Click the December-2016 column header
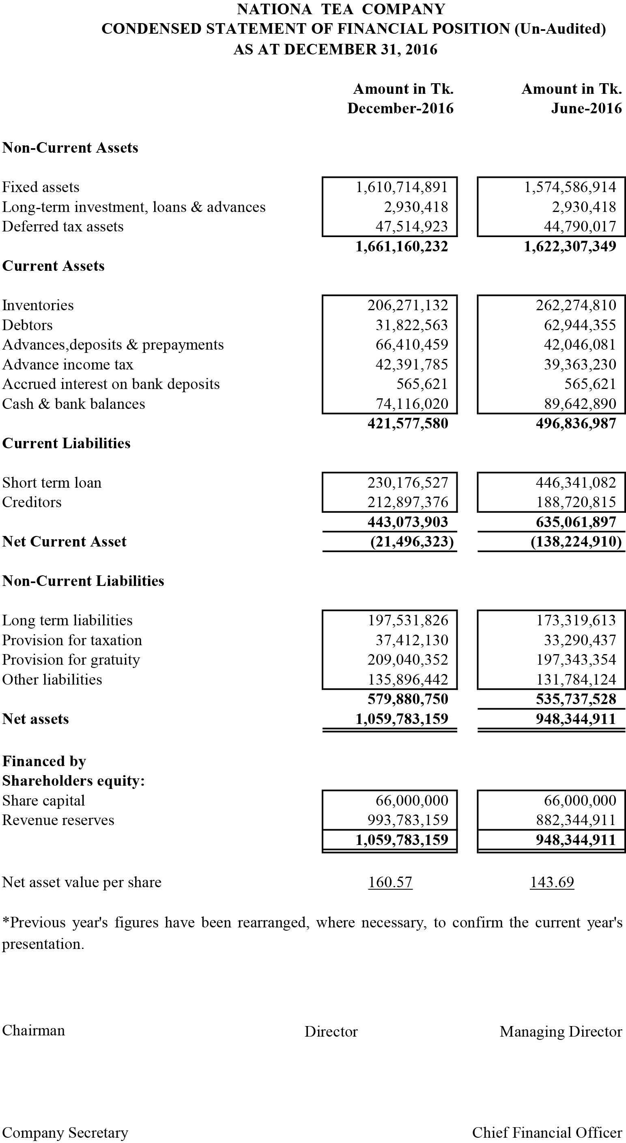point(400,108)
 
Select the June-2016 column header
point(586,108)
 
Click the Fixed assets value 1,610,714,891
point(402,187)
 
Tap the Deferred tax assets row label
point(63,227)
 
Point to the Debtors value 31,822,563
point(411,325)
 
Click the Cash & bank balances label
point(73,404)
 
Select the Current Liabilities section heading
point(67,443)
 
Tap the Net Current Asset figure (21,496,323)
point(412,542)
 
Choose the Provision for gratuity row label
point(71,660)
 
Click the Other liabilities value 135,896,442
point(408,680)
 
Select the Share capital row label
point(43,800)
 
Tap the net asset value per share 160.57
point(390,882)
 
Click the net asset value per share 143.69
point(552,882)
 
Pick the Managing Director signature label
point(561,1032)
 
